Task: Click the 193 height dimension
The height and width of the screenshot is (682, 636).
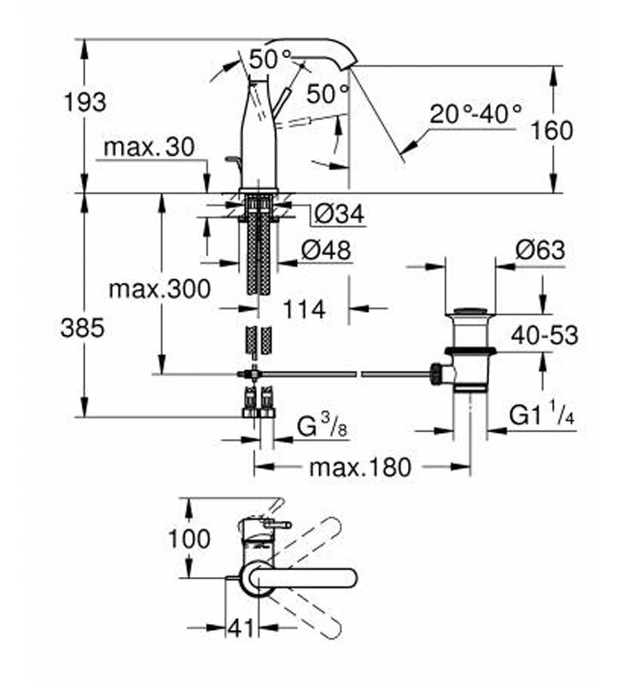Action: pyautogui.click(x=85, y=102)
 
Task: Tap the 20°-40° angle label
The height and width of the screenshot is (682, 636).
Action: pyautogui.click(x=476, y=113)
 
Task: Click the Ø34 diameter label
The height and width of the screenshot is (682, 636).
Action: pyautogui.click(x=338, y=214)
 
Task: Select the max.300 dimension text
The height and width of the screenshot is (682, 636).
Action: pyautogui.click(x=159, y=289)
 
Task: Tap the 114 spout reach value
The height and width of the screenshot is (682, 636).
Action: pyautogui.click(x=304, y=309)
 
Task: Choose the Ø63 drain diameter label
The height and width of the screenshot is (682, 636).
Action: pyautogui.click(x=540, y=251)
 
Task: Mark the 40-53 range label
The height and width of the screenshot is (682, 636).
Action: pyautogui.click(x=545, y=335)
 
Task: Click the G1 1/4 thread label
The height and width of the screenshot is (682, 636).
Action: pyautogui.click(x=542, y=415)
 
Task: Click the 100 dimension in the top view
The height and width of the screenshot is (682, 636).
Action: pyautogui.click(x=190, y=539)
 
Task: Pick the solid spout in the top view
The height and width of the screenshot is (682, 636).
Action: pyautogui.click(x=307, y=577)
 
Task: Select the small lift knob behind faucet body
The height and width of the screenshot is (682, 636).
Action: pyautogui.click(x=230, y=161)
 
